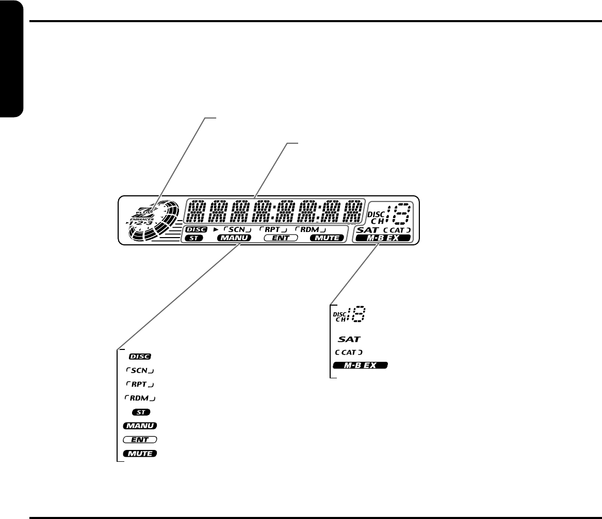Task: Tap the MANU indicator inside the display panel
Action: click(x=234, y=238)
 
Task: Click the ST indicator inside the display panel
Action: click(x=194, y=238)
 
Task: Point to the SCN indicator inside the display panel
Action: click(x=236, y=229)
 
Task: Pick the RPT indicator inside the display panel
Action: click(x=272, y=229)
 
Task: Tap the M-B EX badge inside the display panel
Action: click(x=382, y=238)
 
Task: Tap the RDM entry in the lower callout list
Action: click(x=140, y=398)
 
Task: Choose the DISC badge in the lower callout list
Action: click(x=140, y=356)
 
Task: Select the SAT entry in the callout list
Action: click(x=349, y=340)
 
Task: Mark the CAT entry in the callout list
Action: click(x=349, y=353)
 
